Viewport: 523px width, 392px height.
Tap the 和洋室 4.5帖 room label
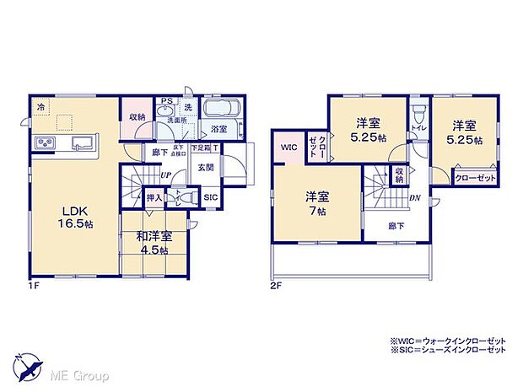tap(152, 244)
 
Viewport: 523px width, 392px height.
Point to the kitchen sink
tap(84, 142)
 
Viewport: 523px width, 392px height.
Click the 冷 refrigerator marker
tap(40, 107)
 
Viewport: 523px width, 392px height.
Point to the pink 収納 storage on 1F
tap(137, 117)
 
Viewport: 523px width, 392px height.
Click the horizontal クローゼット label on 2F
tap(470, 178)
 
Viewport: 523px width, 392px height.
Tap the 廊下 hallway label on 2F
tap(395, 226)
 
